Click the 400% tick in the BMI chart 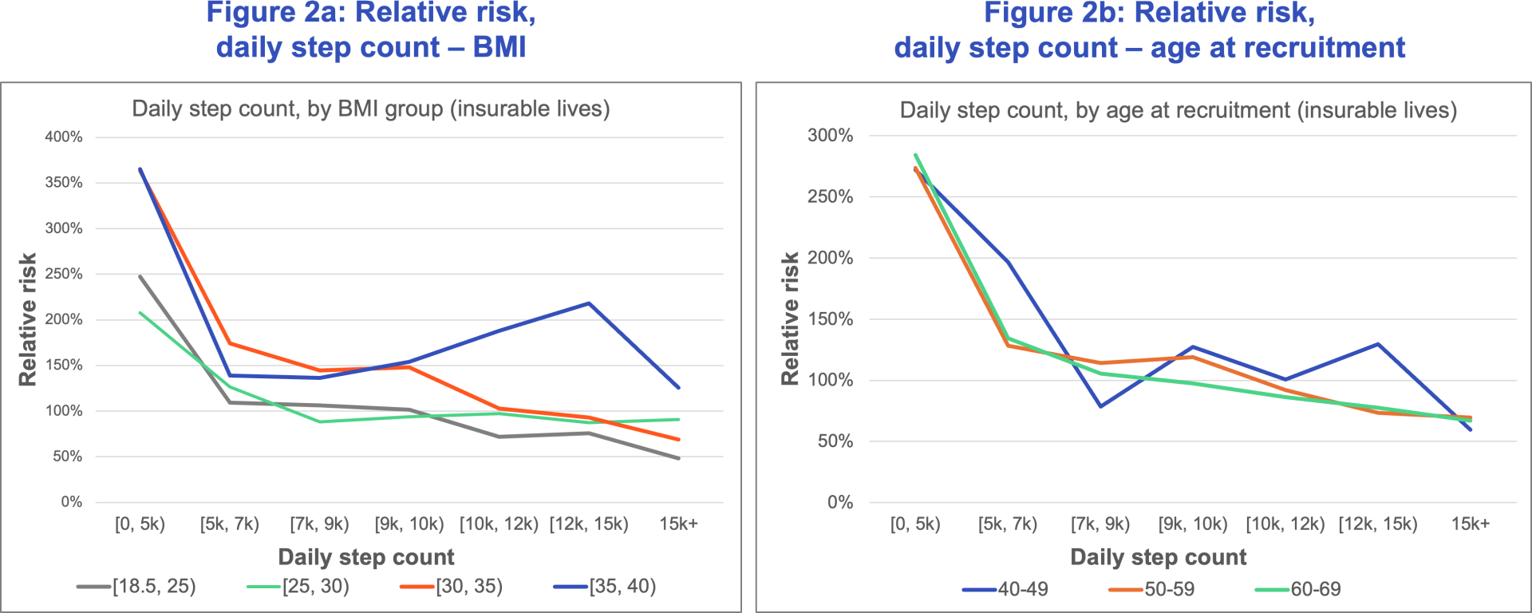(x=63, y=137)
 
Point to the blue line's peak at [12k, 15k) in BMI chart (x=589, y=303)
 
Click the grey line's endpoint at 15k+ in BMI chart (x=678, y=458)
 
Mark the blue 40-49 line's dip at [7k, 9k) (x=1100, y=406)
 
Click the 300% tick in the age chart (x=830, y=136)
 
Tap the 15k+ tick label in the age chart (x=1470, y=524)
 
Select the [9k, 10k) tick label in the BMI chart (x=409, y=524)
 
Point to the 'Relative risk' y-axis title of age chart (x=790, y=319)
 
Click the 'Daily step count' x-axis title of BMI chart (x=365, y=557)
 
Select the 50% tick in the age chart (x=835, y=441)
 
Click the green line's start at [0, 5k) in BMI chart (x=140, y=313)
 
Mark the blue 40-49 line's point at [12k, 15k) (x=1378, y=344)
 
